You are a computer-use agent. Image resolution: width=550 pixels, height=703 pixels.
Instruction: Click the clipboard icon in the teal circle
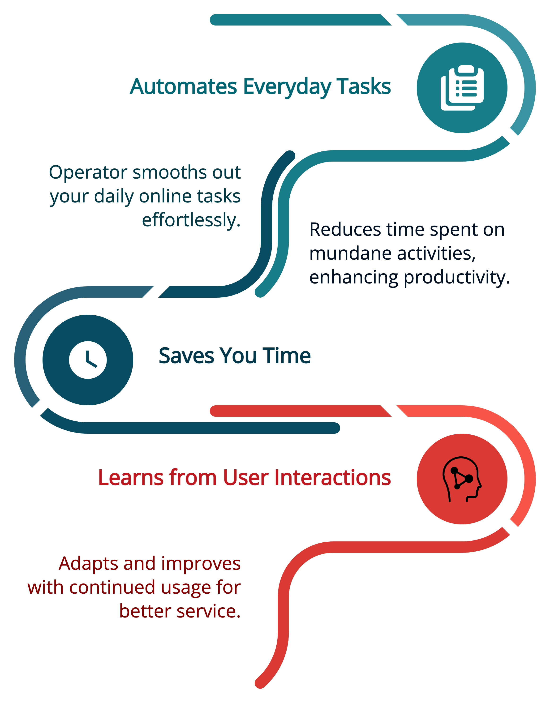point(462,88)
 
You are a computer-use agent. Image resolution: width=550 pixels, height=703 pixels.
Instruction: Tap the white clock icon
point(88,360)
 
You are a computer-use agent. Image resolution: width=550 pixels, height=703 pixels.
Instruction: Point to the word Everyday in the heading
point(287,87)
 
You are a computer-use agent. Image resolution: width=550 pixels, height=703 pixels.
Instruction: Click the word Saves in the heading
point(186,356)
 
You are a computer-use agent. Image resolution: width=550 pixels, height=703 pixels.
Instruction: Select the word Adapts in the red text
point(88,564)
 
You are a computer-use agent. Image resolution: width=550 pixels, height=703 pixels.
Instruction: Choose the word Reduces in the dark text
point(345,230)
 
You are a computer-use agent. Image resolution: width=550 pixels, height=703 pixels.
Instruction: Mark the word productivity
point(457,278)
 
